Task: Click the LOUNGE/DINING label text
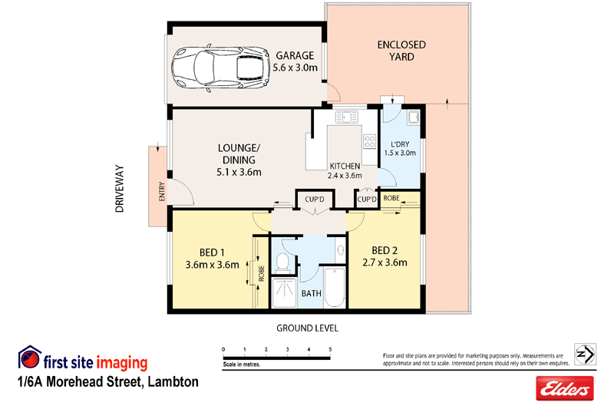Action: [x=239, y=160]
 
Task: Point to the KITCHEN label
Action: [x=345, y=167]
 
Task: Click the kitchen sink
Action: [x=348, y=117]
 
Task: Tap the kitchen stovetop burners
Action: [x=369, y=142]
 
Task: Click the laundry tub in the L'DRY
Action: [x=413, y=117]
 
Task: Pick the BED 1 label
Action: [x=213, y=259]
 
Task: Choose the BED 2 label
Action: [x=388, y=256]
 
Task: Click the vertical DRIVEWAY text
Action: [x=120, y=188]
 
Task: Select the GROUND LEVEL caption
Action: [x=307, y=328]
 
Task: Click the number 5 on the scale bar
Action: [x=330, y=349]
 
